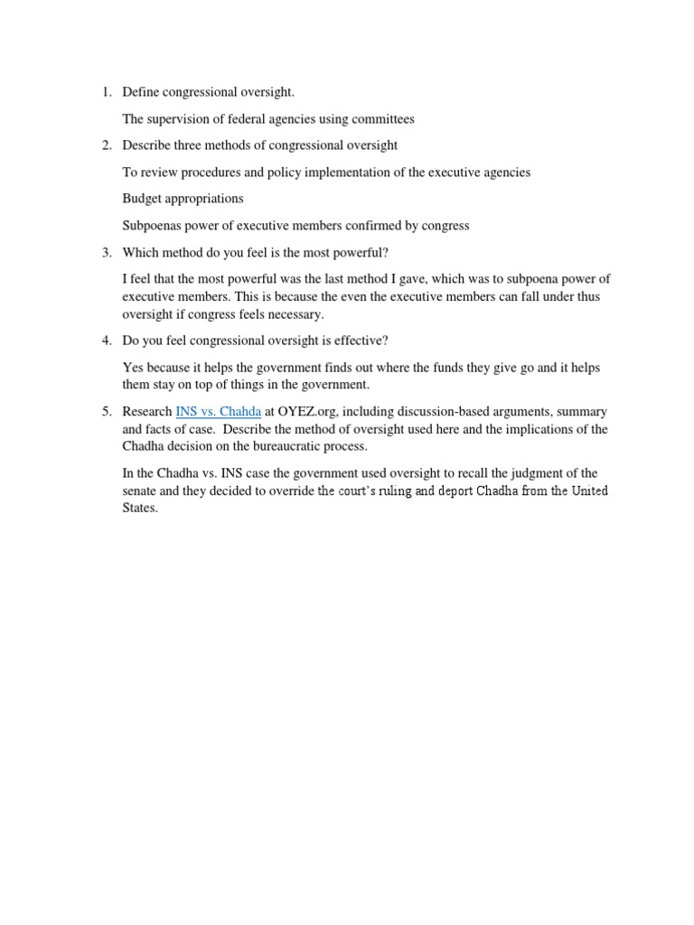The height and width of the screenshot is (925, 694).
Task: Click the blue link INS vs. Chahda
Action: [218, 411]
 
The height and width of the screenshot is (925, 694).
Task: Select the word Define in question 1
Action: [141, 92]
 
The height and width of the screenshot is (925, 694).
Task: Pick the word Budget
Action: [142, 199]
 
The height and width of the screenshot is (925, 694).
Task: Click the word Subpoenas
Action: [153, 225]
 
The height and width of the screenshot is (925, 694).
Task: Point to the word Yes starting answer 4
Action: [133, 368]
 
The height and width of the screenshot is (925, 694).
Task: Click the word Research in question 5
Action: [147, 411]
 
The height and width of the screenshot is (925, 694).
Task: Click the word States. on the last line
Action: [140, 508]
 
